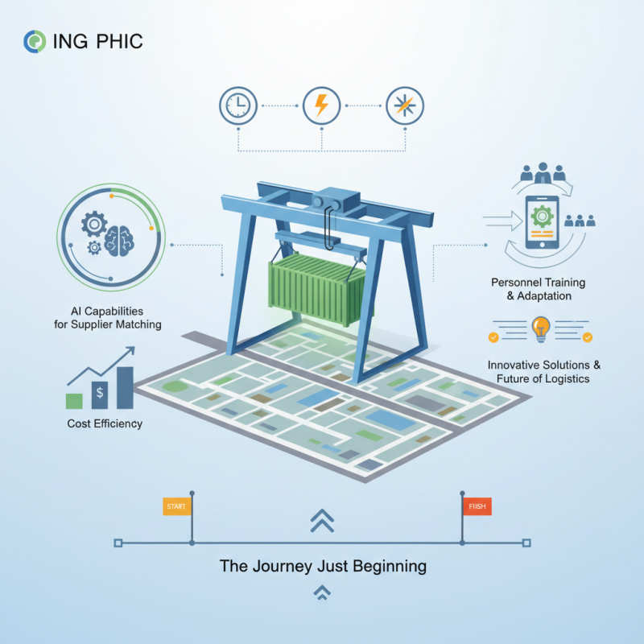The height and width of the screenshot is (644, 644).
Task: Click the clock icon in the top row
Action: click(x=237, y=105)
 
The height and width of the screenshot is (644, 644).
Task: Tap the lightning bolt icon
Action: click(x=320, y=105)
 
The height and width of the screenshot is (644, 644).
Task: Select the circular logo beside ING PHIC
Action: click(x=35, y=41)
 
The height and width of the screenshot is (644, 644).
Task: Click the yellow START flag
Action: click(x=175, y=506)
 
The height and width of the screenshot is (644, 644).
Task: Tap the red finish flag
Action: click(x=477, y=506)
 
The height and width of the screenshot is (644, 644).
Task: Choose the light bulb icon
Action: click(x=540, y=329)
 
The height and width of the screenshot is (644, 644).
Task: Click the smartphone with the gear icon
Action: click(x=540, y=221)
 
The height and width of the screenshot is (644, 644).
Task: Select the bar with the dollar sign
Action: click(x=99, y=395)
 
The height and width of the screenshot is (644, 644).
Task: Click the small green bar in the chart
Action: click(x=74, y=401)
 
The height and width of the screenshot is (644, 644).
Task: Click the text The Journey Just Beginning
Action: click(x=323, y=566)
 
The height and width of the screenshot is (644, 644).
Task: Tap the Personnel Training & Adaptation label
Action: click(x=538, y=290)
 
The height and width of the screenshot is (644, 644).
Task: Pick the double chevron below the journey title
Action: click(x=322, y=594)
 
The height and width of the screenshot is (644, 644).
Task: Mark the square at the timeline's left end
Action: click(x=118, y=543)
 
